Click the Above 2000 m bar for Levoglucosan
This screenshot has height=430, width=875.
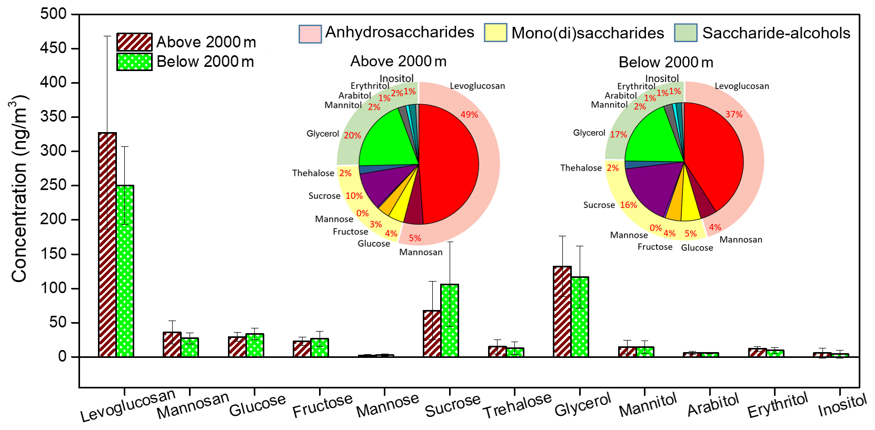107,245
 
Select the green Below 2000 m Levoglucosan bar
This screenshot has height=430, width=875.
125,271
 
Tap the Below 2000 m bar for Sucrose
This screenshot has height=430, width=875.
450,321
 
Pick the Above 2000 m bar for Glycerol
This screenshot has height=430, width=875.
562,312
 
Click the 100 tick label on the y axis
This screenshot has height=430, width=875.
55,288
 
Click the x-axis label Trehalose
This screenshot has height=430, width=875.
517,406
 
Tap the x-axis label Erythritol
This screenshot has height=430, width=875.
777,405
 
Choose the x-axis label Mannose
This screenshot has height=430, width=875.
387,406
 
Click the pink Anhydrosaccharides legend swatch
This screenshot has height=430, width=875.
310,33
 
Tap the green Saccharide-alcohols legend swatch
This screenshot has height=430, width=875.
685,33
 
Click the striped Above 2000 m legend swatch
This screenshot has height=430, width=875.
134,42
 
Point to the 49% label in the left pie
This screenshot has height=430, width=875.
469,115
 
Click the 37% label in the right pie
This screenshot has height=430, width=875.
734,114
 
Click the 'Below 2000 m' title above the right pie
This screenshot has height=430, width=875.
665,63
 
